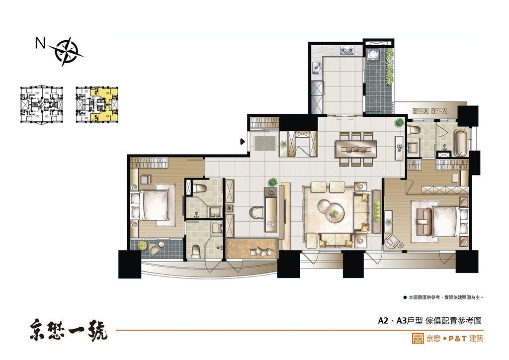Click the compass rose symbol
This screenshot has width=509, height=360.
point(67,52)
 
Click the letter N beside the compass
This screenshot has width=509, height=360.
point(40,43)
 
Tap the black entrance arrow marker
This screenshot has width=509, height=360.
point(242,141)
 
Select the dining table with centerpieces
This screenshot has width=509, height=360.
point(356,149)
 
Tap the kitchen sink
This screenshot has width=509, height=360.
point(317,69)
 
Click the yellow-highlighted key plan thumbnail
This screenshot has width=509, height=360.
point(97,104)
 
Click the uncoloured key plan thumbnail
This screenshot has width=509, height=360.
point(41,104)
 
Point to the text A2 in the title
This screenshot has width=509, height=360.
point(383,320)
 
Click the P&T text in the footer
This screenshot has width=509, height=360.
point(457,339)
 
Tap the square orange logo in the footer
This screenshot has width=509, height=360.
point(418,338)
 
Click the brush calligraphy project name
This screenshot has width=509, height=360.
point(69,330)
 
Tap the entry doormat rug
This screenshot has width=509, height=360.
point(265,143)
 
